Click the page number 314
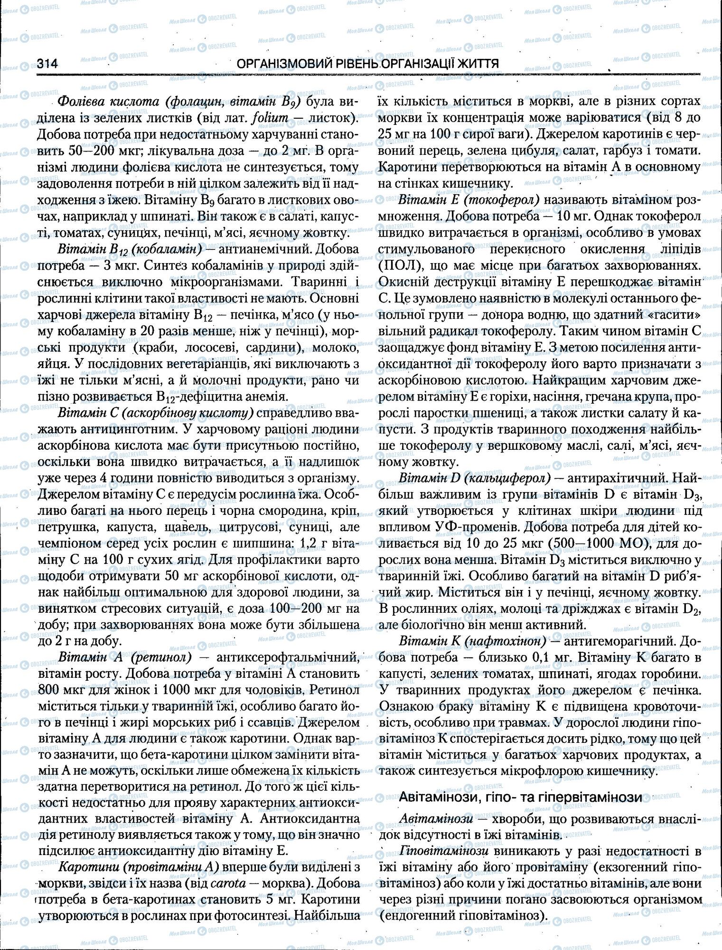(47, 64)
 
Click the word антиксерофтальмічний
(287, 657)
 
